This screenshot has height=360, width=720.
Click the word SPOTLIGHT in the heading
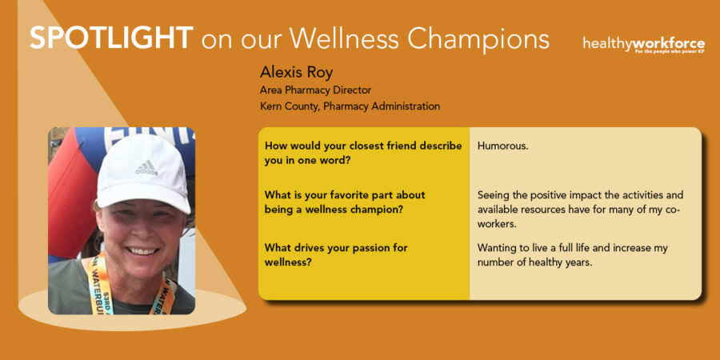111,38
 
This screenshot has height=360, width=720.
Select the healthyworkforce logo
644,45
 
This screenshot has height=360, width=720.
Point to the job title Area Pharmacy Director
315,90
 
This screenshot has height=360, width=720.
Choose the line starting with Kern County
350,106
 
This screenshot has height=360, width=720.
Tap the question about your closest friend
363,154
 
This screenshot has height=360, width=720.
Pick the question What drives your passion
336,255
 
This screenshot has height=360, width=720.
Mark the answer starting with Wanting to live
573,255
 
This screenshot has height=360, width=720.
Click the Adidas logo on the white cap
146,168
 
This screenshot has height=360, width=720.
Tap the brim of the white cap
143,197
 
